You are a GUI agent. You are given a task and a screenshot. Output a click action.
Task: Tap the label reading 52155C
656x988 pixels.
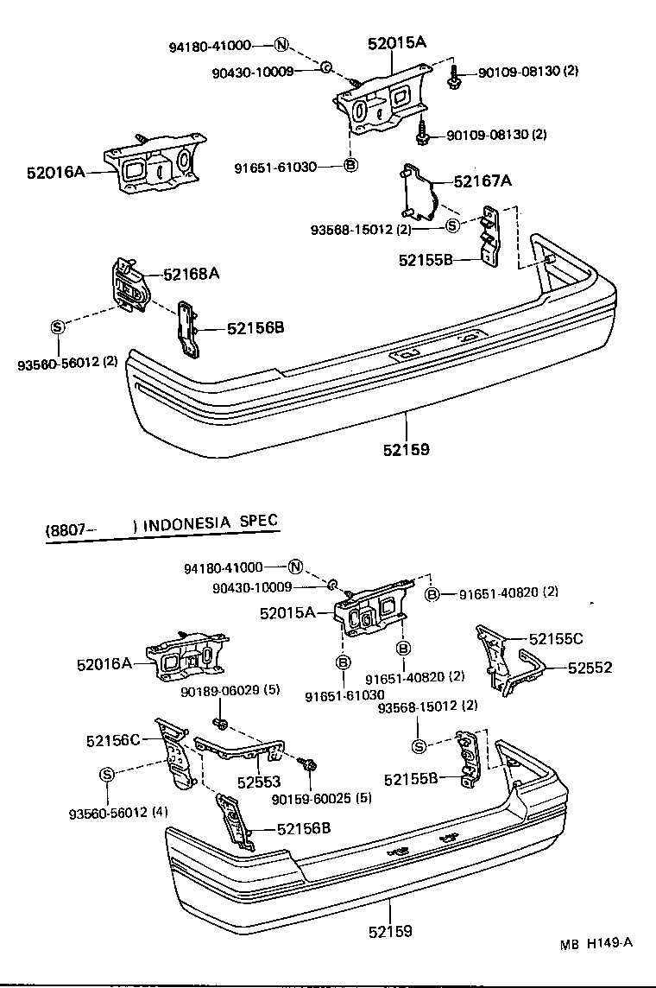coord(555,638)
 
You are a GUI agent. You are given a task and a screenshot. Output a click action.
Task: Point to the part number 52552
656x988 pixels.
coord(590,667)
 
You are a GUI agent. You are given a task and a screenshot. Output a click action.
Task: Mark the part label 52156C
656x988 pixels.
coord(113,740)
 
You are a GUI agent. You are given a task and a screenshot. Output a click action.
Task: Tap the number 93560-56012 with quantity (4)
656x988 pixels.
coord(119,812)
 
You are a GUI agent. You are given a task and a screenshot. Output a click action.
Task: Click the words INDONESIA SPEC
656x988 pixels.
coord(211,522)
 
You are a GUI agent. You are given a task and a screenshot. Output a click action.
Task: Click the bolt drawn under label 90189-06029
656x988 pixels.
coord(222,721)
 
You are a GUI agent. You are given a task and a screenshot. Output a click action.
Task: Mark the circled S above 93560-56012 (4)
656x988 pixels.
coord(106,774)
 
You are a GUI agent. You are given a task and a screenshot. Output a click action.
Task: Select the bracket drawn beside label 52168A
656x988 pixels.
coord(129,286)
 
